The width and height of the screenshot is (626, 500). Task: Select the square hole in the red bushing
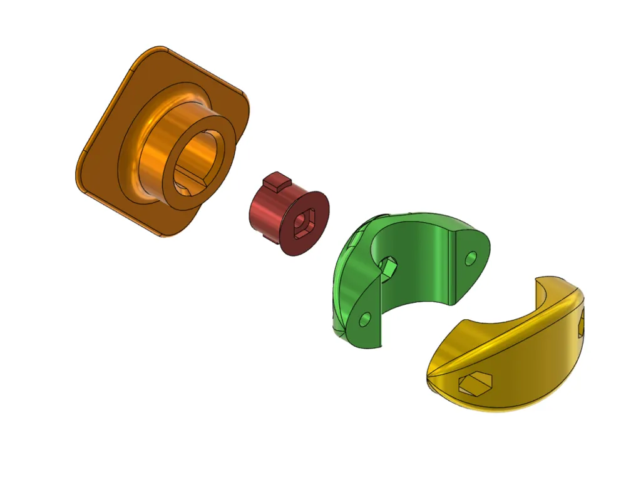pyautogui.click(x=305, y=222)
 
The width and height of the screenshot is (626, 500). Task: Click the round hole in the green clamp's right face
pyautogui.click(x=470, y=257)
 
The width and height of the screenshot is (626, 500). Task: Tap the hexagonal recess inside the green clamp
pyautogui.click(x=389, y=267)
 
